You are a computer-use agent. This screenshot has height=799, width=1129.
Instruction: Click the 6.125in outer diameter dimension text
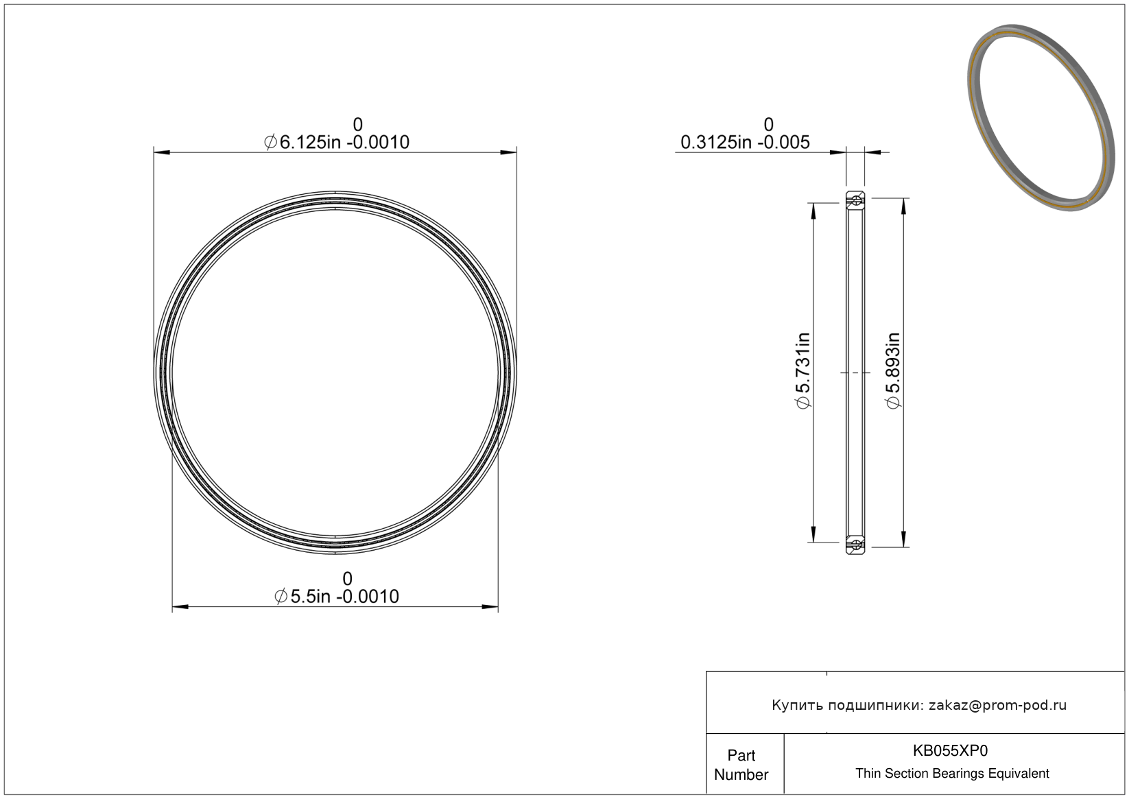click(337, 143)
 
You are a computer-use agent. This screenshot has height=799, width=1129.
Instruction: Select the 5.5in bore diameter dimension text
click(337, 597)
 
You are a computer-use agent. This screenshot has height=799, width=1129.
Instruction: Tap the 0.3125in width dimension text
click(745, 143)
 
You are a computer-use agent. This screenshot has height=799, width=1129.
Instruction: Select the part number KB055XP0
click(950, 751)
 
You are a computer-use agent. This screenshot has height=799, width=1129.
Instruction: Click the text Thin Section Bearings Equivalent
click(952, 774)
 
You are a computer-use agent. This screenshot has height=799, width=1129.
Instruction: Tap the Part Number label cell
click(741, 765)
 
